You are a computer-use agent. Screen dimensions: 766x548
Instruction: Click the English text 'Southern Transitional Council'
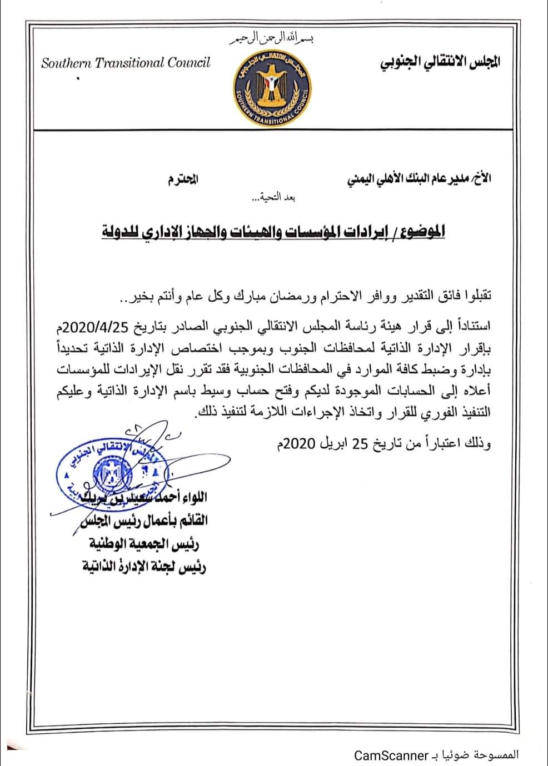pyautogui.click(x=126, y=63)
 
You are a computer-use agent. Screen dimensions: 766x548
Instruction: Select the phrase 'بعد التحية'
pyautogui.click(x=266, y=198)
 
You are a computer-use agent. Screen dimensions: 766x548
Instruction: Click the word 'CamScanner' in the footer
pyautogui.click(x=392, y=755)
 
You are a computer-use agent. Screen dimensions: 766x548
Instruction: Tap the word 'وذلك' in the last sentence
pyautogui.click(x=480, y=444)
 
